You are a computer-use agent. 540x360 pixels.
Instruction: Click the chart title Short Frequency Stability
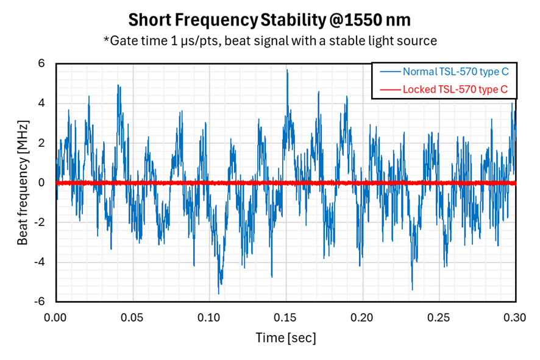pyautogui.click(x=269, y=20)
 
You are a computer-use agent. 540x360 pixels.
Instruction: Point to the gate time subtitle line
pyautogui.click(x=269, y=41)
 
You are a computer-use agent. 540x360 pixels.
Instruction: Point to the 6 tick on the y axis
pyautogui.click(x=41, y=63)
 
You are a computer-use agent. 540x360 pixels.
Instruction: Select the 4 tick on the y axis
pyautogui.click(x=41, y=103)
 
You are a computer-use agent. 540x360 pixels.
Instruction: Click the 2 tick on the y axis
pyautogui.click(x=41, y=143)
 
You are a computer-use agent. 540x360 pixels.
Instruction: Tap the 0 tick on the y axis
pyautogui.click(x=41, y=183)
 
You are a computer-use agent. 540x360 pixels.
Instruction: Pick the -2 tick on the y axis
pyautogui.click(x=40, y=222)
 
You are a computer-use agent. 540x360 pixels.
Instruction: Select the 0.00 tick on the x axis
pyautogui.click(x=55, y=317)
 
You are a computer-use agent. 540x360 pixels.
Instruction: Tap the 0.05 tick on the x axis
pyautogui.click(x=132, y=317)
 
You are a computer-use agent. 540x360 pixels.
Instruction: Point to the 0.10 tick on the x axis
pyautogui.click(x=209, y=317)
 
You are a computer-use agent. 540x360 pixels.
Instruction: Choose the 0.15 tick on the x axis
pyautogui.click(x=286, y=317)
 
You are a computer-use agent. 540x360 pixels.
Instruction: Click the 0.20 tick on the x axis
pyautogui.click(x=363, y=317)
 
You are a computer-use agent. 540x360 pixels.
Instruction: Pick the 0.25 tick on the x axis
pyautogui.click(x=439, y=317)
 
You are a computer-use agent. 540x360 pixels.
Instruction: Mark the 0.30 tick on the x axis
pyautogui.click(x=516, y=317)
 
